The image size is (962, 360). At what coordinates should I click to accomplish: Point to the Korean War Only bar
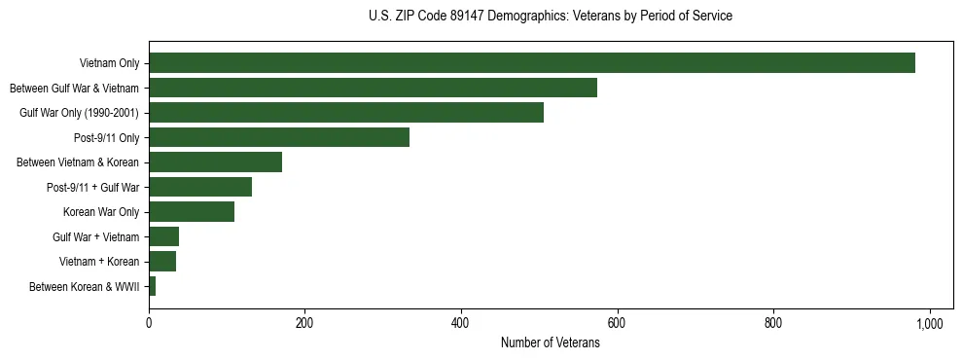192,212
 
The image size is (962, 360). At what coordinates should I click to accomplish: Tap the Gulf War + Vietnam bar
163,236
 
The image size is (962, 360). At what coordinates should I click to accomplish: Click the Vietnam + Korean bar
162,262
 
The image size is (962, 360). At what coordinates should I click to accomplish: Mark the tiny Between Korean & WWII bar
152,286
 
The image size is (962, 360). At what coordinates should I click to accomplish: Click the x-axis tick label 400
461,323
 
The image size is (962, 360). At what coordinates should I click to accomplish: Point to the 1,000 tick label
929,323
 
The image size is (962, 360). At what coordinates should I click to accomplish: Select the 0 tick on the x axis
149,323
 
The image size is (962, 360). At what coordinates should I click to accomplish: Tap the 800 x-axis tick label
773,323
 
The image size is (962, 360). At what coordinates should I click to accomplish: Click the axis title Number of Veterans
550,343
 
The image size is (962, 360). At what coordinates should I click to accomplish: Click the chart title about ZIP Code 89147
550,17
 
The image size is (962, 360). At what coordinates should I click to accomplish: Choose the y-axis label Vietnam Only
109,64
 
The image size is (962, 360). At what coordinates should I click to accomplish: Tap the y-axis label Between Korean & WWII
85,287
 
